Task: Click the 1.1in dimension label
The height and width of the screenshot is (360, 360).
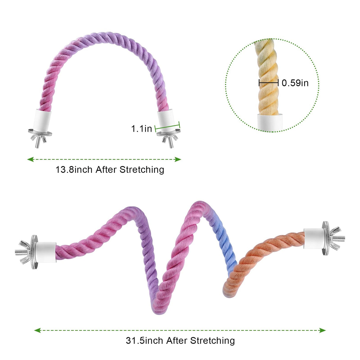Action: (141, 129)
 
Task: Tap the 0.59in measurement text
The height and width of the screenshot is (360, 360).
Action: (295, 83)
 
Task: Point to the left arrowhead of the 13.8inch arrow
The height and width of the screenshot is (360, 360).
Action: (30, 159)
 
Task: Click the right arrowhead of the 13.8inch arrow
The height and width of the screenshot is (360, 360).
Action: (178, 159)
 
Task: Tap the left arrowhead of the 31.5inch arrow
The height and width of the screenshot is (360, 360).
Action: (37, 330)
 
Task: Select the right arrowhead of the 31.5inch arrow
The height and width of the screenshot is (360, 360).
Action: (322, 330)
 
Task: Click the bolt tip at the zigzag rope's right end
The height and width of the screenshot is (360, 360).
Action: (344, 238)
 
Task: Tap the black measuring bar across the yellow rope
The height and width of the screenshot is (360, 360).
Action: (268, 82)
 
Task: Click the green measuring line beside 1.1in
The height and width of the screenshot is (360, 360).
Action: (167, 127)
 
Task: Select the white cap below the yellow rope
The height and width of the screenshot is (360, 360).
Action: (270, 122)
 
